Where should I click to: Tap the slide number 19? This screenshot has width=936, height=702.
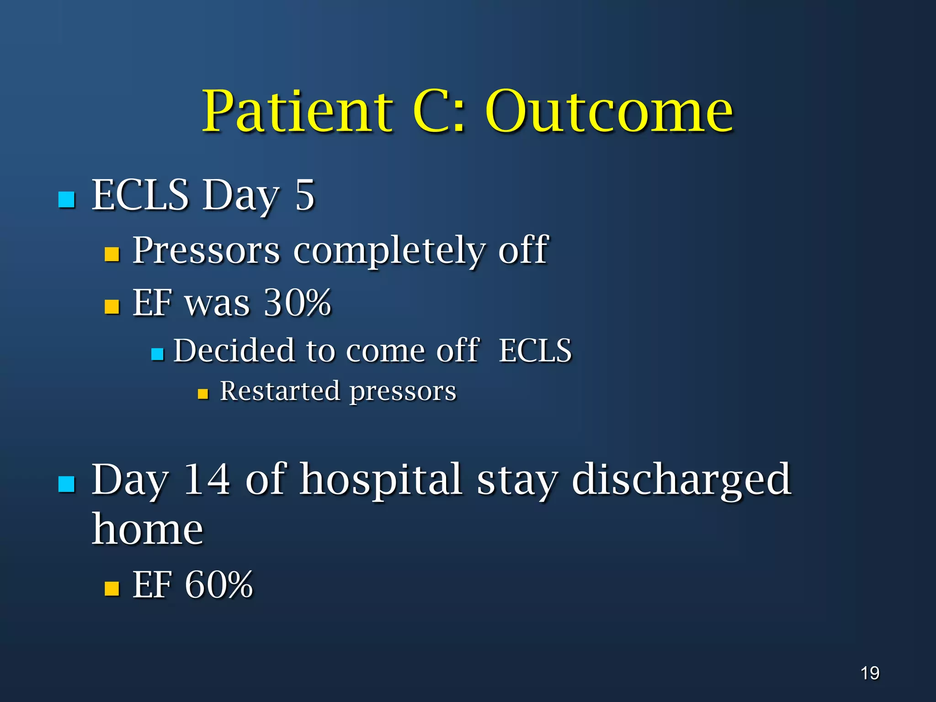tap(870, 673)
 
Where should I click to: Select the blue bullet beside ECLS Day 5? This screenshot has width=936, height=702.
tap(67, 200)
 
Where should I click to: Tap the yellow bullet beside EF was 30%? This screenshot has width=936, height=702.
tap(112, 306)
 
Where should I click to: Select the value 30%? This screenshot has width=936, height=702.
tap(298, 303)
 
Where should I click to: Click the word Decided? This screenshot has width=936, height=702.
tap(234, 351)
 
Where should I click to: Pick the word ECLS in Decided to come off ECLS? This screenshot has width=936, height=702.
tap(535, 351)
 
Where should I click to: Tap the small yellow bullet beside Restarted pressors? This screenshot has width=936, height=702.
tap(203, 394)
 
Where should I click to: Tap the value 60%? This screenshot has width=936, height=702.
tap(218, 585)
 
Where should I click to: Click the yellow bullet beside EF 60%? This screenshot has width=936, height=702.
tap(112, 589)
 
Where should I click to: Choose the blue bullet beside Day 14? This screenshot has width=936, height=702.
tap(67, 484)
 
